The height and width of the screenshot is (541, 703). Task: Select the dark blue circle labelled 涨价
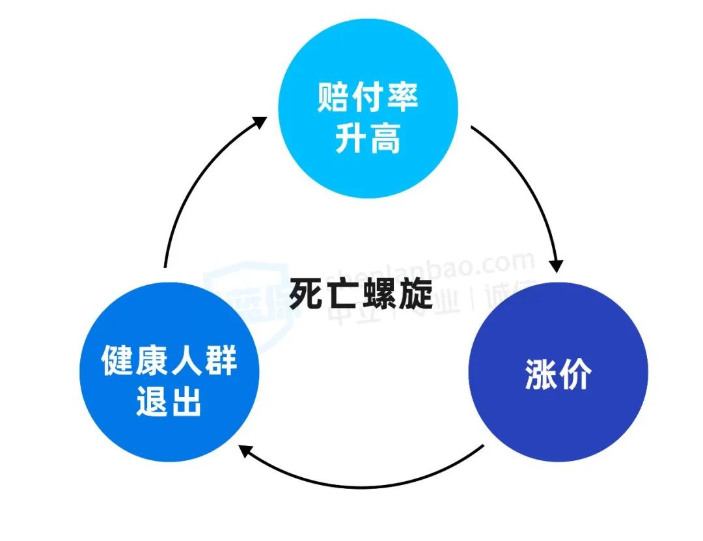coord(558,372)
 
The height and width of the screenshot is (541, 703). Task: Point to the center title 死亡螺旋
coord(361,294)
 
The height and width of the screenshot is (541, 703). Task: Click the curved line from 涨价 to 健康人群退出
coord(365,485)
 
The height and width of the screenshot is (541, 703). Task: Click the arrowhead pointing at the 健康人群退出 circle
coord(246,449)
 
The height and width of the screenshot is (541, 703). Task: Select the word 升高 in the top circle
coord(368,138)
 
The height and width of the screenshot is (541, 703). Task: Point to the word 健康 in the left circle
coord(135,360)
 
